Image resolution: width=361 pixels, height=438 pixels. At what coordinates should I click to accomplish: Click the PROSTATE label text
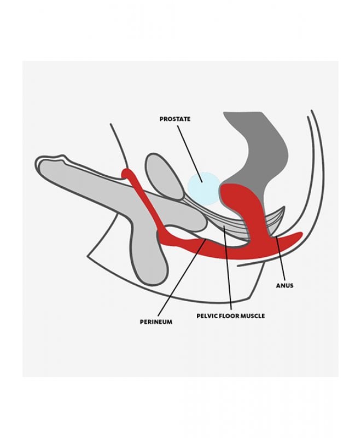pos(175,119)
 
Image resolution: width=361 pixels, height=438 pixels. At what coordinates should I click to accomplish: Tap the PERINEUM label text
pos(156,322)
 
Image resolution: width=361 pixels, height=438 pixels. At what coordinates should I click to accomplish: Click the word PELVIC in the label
pos(208,316)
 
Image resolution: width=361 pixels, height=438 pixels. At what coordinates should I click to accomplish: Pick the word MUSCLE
pos(255,316)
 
